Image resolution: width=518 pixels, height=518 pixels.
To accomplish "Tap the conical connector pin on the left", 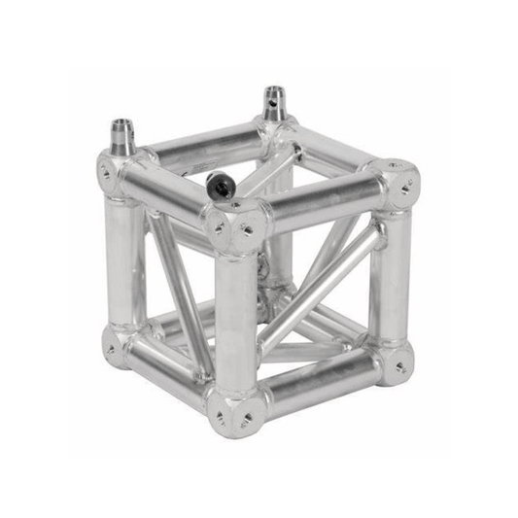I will coord(122,135).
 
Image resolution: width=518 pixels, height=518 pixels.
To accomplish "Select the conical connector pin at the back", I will coord(275,102).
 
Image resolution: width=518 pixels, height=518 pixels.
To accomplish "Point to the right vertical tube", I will coord(391,272).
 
